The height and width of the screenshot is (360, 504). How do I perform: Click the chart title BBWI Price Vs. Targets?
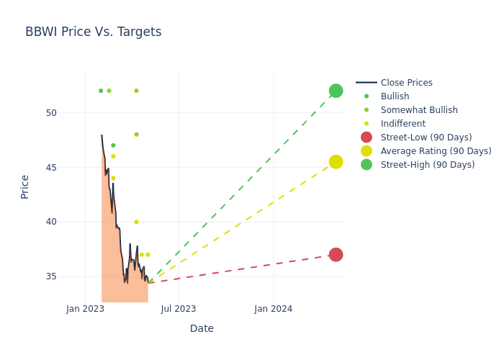pos(93,32)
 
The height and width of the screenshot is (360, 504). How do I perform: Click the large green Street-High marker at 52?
pos(336,91)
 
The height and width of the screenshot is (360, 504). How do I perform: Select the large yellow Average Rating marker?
pos(336,162)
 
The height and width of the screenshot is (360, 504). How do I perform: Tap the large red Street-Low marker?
pos(336,255)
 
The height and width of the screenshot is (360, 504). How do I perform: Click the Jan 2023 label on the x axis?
pos(85,309)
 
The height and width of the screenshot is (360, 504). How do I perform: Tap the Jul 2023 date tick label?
pos(179,309)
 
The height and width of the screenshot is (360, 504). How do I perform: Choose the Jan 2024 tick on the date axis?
pos(274,309)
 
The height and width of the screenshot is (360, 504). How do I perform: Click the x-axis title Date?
pos(202,328)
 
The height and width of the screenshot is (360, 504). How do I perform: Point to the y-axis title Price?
pos(25,186)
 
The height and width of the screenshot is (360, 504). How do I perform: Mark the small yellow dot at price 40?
pos(136,222)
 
